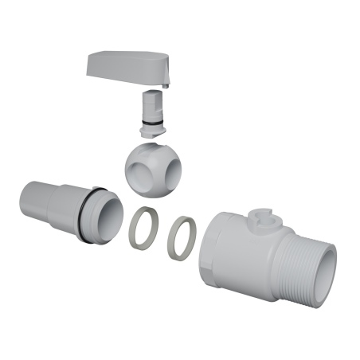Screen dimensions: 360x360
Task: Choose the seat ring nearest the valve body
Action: click(182, 237)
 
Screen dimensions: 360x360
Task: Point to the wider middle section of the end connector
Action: click(64, 209)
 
